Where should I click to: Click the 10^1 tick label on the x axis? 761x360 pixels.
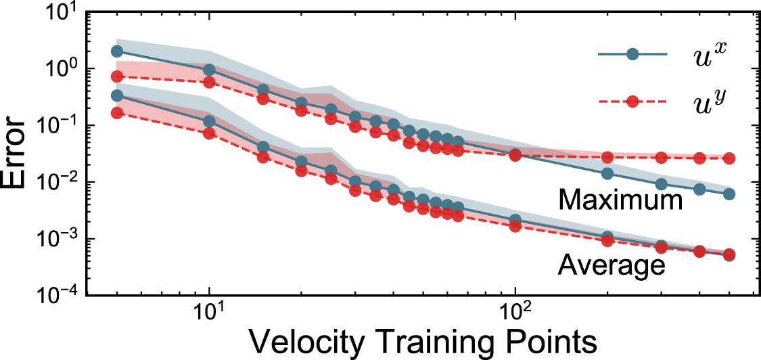pos(210,312)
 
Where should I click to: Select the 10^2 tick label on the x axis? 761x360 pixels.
pos(515,312)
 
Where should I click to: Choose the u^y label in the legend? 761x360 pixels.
pos(707,102)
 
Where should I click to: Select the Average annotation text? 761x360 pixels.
pos(611,265)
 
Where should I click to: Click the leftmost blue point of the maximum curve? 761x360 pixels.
pos(117,51)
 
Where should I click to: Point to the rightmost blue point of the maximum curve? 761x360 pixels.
pos(729,194)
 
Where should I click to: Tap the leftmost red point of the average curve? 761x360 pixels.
pos(117,113)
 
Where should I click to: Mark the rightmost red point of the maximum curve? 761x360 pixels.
pos(729,158)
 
